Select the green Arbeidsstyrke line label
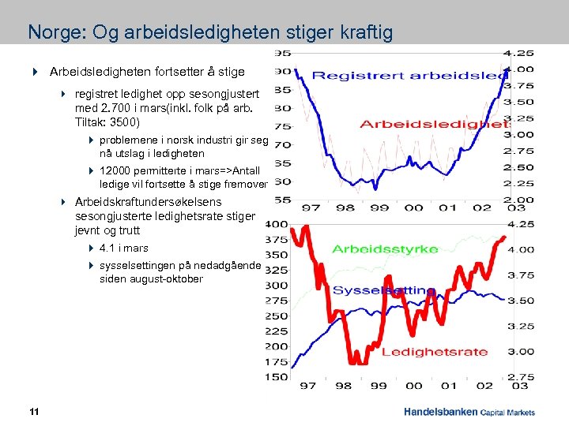coord(385,249)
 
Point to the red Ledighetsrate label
coord(434,352)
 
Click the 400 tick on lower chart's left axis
coord(277,225)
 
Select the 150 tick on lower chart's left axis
coord(277,376)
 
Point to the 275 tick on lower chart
coord(277,301)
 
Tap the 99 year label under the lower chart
coord(379,387)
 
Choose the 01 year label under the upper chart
coord(448,207)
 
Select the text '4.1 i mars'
coord(124,248)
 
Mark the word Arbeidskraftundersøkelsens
coord(148,202)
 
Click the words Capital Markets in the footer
coord(508,412)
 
